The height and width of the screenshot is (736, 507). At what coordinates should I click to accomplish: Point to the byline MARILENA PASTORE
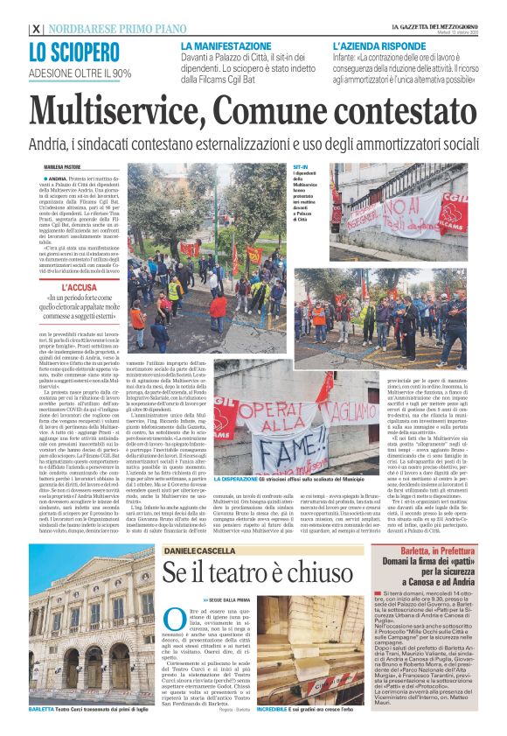(63, 166)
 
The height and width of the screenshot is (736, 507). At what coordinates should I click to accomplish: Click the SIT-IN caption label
(302, 165)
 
